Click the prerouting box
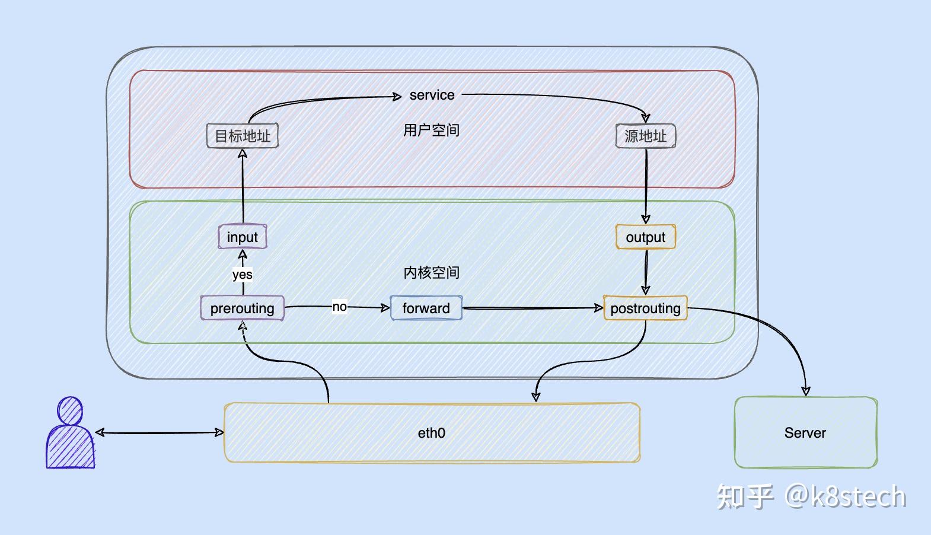tap(242, 308)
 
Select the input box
tap(242, 237)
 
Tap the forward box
tap(426, 308)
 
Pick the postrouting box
tap(645, 308)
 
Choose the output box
tap(645, 237)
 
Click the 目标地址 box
tap(242, 136)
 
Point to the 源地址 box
tap(645, 136)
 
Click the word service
tap(432, 95)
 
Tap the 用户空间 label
tap(431, 130)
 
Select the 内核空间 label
tap(431, 272)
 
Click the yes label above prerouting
tap(242, 275)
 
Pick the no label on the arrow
tap(339, 307)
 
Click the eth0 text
tap(431, 433)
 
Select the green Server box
tap(805, 432)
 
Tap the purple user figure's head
tap(70, 410)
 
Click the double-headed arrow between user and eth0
tap(159, 433)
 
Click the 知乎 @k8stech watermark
tap(811, 497)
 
